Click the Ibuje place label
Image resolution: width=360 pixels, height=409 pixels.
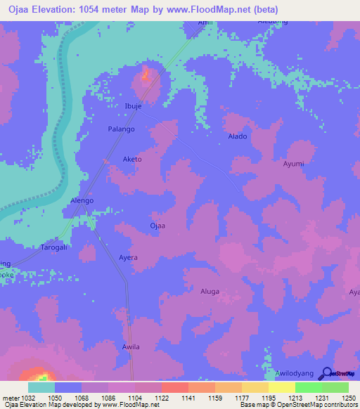click(x=133, y=105)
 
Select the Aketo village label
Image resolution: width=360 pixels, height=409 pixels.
click(x=132, y=160)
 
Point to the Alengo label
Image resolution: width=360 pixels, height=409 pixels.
click(x=82, y=200)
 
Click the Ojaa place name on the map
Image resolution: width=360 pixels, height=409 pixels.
click(x=157, y=226)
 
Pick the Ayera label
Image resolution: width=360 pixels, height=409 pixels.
click(x=128, y=258)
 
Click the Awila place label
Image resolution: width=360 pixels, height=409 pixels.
click(x=131, y=347)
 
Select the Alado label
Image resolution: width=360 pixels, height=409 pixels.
click(x=238, y=136)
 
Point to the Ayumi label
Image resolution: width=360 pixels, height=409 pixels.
click(x=293, y=164)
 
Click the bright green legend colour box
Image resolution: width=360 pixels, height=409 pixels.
click(x=308, y=387)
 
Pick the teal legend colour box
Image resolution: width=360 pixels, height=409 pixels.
click(x=41, y=387)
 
